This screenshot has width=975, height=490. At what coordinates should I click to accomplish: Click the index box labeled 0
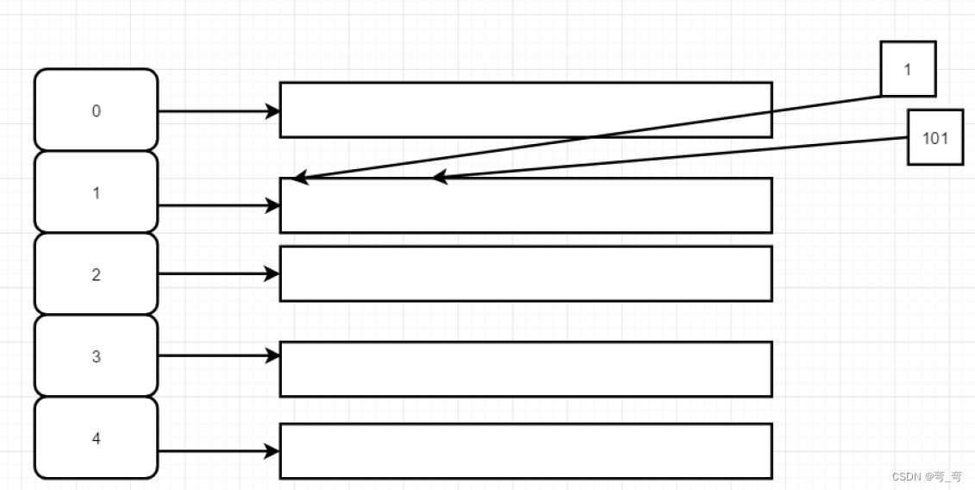(x=97, y=110)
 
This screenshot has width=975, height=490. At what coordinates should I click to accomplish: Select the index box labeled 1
(x=97, y=192)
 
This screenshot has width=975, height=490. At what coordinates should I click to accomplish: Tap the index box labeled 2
(x=97, y=274)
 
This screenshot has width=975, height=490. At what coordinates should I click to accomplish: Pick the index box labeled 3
(x=97, y=356)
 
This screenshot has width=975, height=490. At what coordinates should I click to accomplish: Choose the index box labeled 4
(x=97, y=438)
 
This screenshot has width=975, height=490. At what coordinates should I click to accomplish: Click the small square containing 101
(x=935, y=137)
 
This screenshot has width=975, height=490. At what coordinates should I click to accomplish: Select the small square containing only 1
(x=908, y=69)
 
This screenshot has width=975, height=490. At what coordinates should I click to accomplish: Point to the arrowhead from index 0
(x=273, y=111)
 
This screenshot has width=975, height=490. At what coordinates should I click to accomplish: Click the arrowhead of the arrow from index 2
(x=273, y=274)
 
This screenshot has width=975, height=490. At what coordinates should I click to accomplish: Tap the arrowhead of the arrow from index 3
(x=273, y=355)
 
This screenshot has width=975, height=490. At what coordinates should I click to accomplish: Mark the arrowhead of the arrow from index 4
(x=273, y=451)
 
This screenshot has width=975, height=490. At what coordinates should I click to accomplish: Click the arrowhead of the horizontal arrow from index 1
(x=273, y=205)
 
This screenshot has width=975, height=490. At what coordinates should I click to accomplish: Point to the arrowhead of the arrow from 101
(x=440, y=177)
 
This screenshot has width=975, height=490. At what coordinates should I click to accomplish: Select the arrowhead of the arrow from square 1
(x=299, y=179)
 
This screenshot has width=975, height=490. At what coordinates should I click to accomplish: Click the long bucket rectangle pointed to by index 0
(x=525, y=110)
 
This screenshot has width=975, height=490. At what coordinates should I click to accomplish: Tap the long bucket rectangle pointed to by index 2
(x=525, y=273)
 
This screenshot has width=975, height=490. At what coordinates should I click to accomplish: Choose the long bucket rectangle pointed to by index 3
(x=525, y=369)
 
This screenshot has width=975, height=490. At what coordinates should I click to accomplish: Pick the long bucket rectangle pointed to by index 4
(x=525, y=451)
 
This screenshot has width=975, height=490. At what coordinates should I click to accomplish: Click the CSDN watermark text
(x=927, y=477)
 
